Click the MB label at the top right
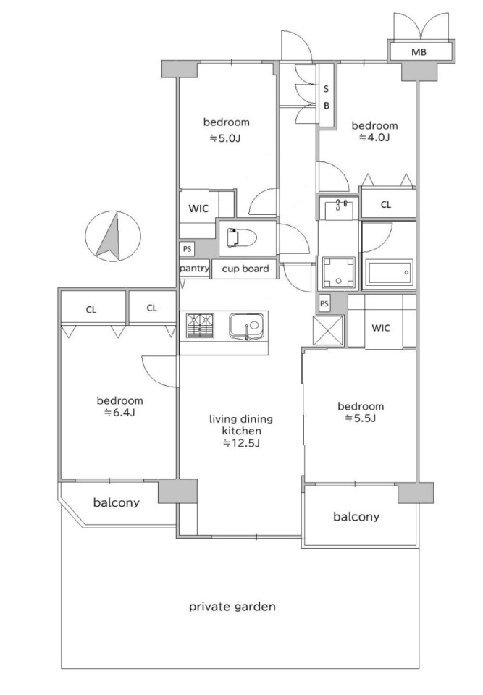pyautogui.click(x=419, y=52)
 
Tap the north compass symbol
pyautogui.click(x=113, y=235)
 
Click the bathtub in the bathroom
pyautogui.click(x=389, y=272)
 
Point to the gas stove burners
pyautogui.click(x=200, y=326)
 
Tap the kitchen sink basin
pyautogui.click(x=247, y=327)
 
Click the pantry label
pyautogui.click(x=194, y=269)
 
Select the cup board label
pyautogui.click(x=245, y=269)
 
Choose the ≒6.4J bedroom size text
pyautogui.click(x=119, y=413)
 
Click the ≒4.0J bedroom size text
pyautogui.click(x=374, y=138)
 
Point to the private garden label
pyautogui.click(x=232, y=607)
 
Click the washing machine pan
pyautogui.click(x=339, y=271)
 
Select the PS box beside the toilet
pyautogui.click(x=187, y=249)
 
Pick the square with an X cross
pyautogui.click(x=328, y=330)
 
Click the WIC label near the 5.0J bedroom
pyautogui.click(x=198, y=208)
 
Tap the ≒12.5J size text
pyautogui.click(x=241, y=443)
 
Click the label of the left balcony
pyautogui.click(x=116, y=502)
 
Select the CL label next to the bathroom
pyautogui.click(x=386, y=205)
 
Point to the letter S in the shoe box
pyautogui.click(x=326, y=89)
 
